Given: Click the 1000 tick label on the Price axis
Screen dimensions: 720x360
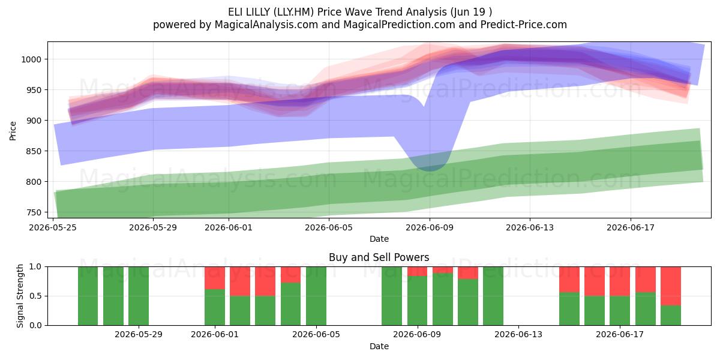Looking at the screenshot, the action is [31, 59].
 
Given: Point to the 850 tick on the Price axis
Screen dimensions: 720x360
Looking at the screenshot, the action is [34, 151].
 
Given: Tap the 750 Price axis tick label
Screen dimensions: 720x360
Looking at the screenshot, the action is [34, 212].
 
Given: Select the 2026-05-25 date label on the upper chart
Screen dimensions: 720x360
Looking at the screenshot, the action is [53, 227].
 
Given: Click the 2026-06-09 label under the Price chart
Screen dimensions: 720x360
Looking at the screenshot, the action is [430, 227].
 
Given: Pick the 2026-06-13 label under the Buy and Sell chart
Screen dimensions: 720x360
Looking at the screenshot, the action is [518, 334].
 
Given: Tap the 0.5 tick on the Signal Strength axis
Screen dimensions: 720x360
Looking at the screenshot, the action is [35, 296].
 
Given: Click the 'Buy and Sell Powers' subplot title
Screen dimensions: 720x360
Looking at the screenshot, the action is [379, 257].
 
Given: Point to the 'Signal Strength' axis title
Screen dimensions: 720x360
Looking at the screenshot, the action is [20, 296].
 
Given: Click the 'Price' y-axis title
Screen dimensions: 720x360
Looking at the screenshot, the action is [13, 131].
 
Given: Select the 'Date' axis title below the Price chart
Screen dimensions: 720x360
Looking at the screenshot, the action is [379, 239].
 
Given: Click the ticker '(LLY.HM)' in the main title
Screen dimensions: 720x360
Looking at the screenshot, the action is [293, 12].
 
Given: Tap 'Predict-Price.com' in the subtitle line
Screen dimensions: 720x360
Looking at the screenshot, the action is [524, 25].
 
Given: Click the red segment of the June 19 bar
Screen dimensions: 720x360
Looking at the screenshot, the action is [671, 286].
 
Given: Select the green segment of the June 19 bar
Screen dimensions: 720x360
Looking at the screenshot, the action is [671, 316].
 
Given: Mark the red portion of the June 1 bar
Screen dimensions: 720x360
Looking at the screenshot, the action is [215, 278].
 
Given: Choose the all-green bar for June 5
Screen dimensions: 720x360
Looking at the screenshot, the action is [316, 296].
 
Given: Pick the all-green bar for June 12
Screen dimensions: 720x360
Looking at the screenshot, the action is [493, 296].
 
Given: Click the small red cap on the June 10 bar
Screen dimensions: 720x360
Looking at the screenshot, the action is [443, 270].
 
